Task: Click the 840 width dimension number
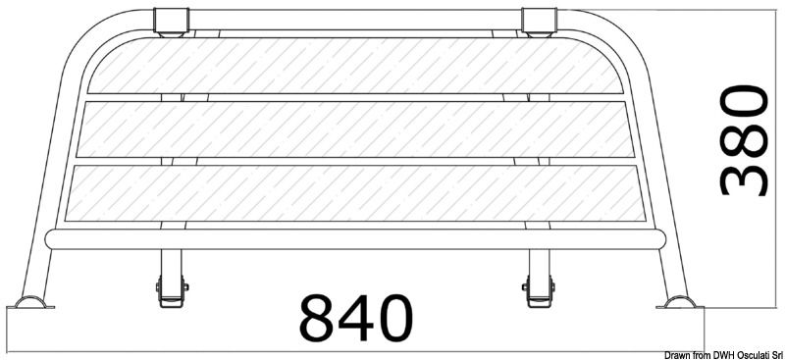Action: (x=356, y=317)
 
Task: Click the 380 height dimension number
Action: (x=743, y=140)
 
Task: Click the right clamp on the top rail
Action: (x=538, y=22)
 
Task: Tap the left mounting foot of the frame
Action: (x=31, y=302)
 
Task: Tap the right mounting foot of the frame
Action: (x=679, y=302)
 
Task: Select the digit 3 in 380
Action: (x=743, y=178)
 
